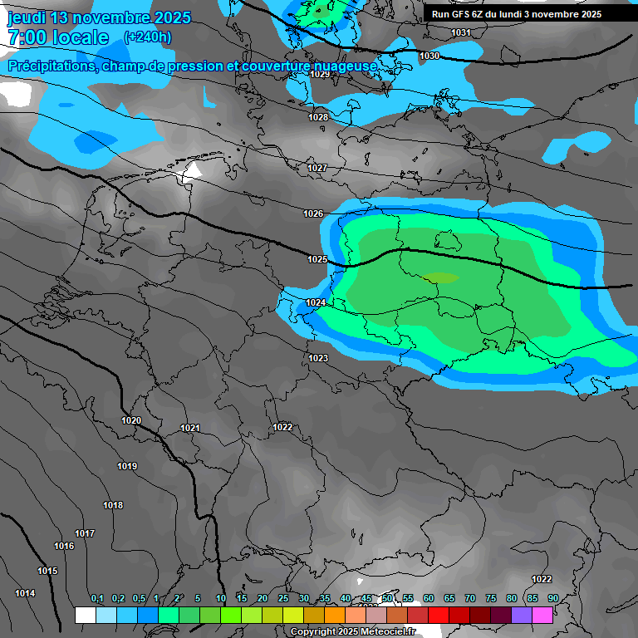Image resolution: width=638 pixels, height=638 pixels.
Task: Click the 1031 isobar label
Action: coord(461,32)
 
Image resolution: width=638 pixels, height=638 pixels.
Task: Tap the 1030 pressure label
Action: coord(429,56)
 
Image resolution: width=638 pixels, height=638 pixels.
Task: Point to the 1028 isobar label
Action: coord(318,117)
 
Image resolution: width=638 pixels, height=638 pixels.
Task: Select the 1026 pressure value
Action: coord(313,213)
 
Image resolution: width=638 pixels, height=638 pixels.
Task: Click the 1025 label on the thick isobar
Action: coord(317,259)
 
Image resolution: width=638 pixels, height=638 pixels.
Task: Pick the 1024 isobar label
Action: coord(316,302)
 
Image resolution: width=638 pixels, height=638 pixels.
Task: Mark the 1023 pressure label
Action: coord(318,358)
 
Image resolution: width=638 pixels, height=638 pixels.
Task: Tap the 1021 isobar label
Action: coord(190,428)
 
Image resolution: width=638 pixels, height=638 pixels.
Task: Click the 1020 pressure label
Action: coord(131,420)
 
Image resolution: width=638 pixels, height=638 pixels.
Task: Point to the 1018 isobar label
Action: coord(113,505)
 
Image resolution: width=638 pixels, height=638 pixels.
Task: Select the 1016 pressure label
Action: coord(64,546)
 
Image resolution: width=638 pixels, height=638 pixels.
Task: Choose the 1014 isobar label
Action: coord(25,593)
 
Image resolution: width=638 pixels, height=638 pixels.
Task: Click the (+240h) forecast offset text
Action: coord(148,37)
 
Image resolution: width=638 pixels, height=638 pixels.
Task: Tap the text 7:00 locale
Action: coord(58,37)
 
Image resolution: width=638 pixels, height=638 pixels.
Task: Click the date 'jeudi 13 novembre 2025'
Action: coord(99,17)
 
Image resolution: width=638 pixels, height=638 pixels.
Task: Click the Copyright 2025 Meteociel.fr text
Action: coord(353,632)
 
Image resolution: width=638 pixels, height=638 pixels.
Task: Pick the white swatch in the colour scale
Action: coord(85,616)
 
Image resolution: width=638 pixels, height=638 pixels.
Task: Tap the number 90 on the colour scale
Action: coord(552,599)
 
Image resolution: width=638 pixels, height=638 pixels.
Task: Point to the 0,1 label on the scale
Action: coord(97,599)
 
